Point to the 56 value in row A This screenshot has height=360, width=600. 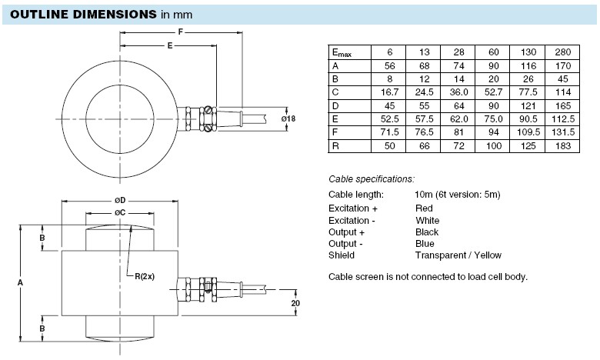[389, 65]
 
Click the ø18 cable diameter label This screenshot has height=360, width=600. [288, 119]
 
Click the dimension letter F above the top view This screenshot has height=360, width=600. [181, 32]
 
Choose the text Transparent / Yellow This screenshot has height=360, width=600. [458, 255]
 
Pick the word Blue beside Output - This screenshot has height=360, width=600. [425, 244]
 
